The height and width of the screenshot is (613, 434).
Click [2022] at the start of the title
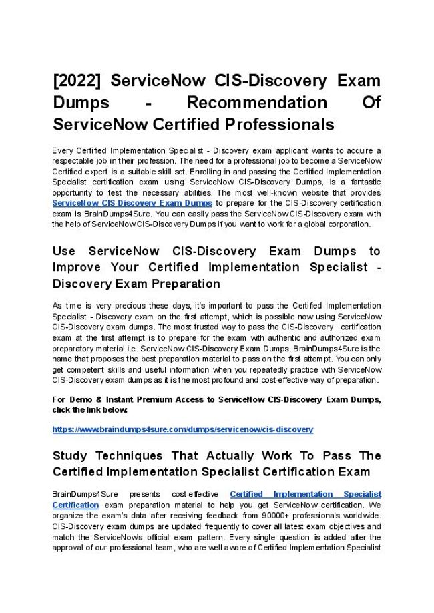(x=77, y=81)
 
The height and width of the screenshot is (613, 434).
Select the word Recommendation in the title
(x=257, y=103)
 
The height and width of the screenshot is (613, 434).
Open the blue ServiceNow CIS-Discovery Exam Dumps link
(x=132, y=202)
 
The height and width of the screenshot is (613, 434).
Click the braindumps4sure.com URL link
(x=182, y=429)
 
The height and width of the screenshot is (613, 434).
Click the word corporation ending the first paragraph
(x=350, y=224)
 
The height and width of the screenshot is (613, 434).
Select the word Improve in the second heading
(x=75, y=267)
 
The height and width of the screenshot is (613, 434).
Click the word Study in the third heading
(x=71, y=456)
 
